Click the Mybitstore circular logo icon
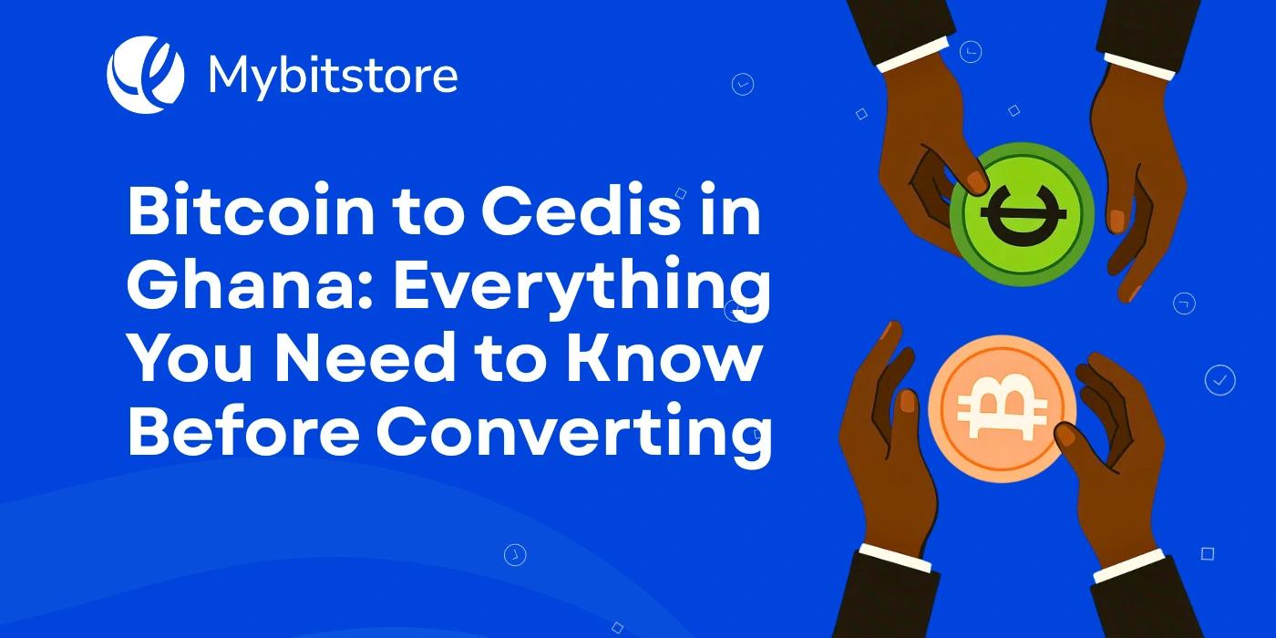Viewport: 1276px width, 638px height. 145,74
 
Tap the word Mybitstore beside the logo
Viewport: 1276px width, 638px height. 333,76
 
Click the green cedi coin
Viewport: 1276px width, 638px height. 1022,214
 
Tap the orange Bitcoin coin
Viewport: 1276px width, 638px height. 1002,408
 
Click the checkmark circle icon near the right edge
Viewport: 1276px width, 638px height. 1219,379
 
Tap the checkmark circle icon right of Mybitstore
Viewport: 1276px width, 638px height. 743,85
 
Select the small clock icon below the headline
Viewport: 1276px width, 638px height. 515,553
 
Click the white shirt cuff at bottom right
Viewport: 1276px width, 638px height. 1128,564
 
